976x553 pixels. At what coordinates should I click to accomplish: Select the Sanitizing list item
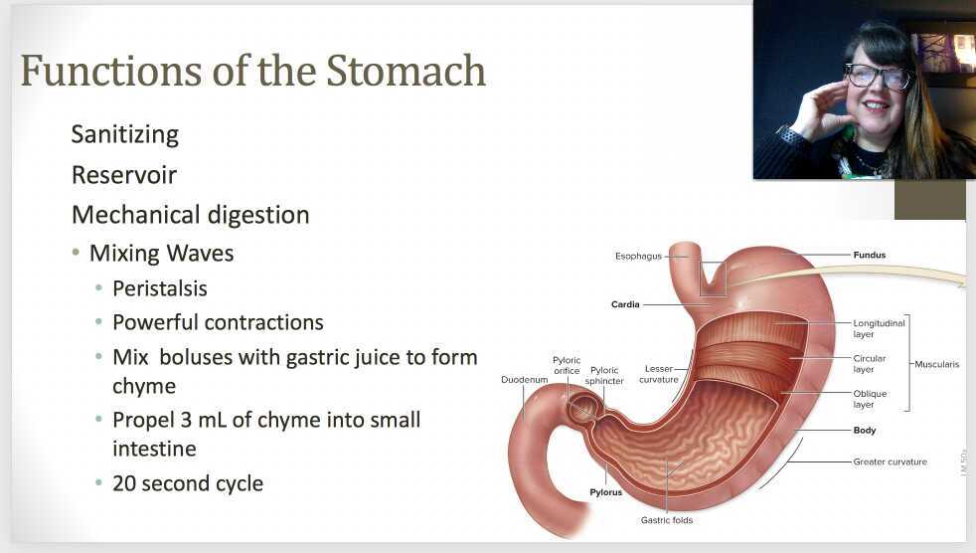click(125, 134)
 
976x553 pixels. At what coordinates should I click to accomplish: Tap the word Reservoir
click(124, 175)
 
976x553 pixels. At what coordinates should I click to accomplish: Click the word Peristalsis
click(160, 287)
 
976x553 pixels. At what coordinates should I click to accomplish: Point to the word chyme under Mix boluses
click(144, 385)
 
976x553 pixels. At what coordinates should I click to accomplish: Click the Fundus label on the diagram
click(869, 255)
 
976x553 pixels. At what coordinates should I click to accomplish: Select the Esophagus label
click(638, 257)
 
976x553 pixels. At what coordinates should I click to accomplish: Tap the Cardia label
click(625, 304)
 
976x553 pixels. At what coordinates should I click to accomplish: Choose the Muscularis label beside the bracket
click(937, 364)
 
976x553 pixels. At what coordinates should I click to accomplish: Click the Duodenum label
click(525, 379)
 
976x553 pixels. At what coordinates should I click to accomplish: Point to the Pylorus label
click(605, 491)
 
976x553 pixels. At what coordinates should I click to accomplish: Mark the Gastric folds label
click(667, 520)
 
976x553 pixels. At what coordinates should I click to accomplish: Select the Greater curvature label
click(890, 461)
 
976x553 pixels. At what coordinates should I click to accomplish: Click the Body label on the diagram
click(865, 431)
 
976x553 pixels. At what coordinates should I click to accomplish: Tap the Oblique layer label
click(870, 399)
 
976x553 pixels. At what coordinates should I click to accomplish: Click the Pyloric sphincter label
click(604, 375)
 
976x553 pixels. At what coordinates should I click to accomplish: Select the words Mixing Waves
click(161, 254)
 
